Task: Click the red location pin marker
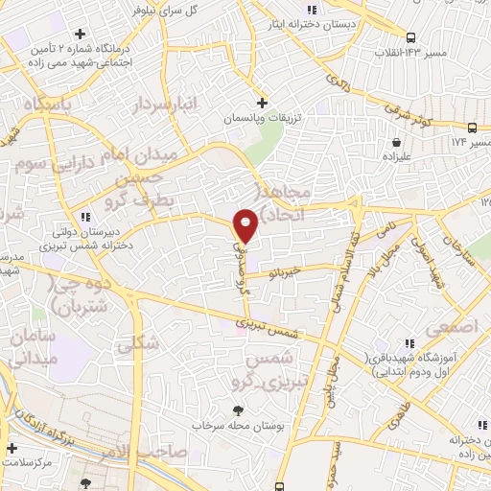click(245, 225)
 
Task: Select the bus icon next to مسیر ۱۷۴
click(472, 127)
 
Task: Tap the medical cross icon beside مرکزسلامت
click(11, 448)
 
